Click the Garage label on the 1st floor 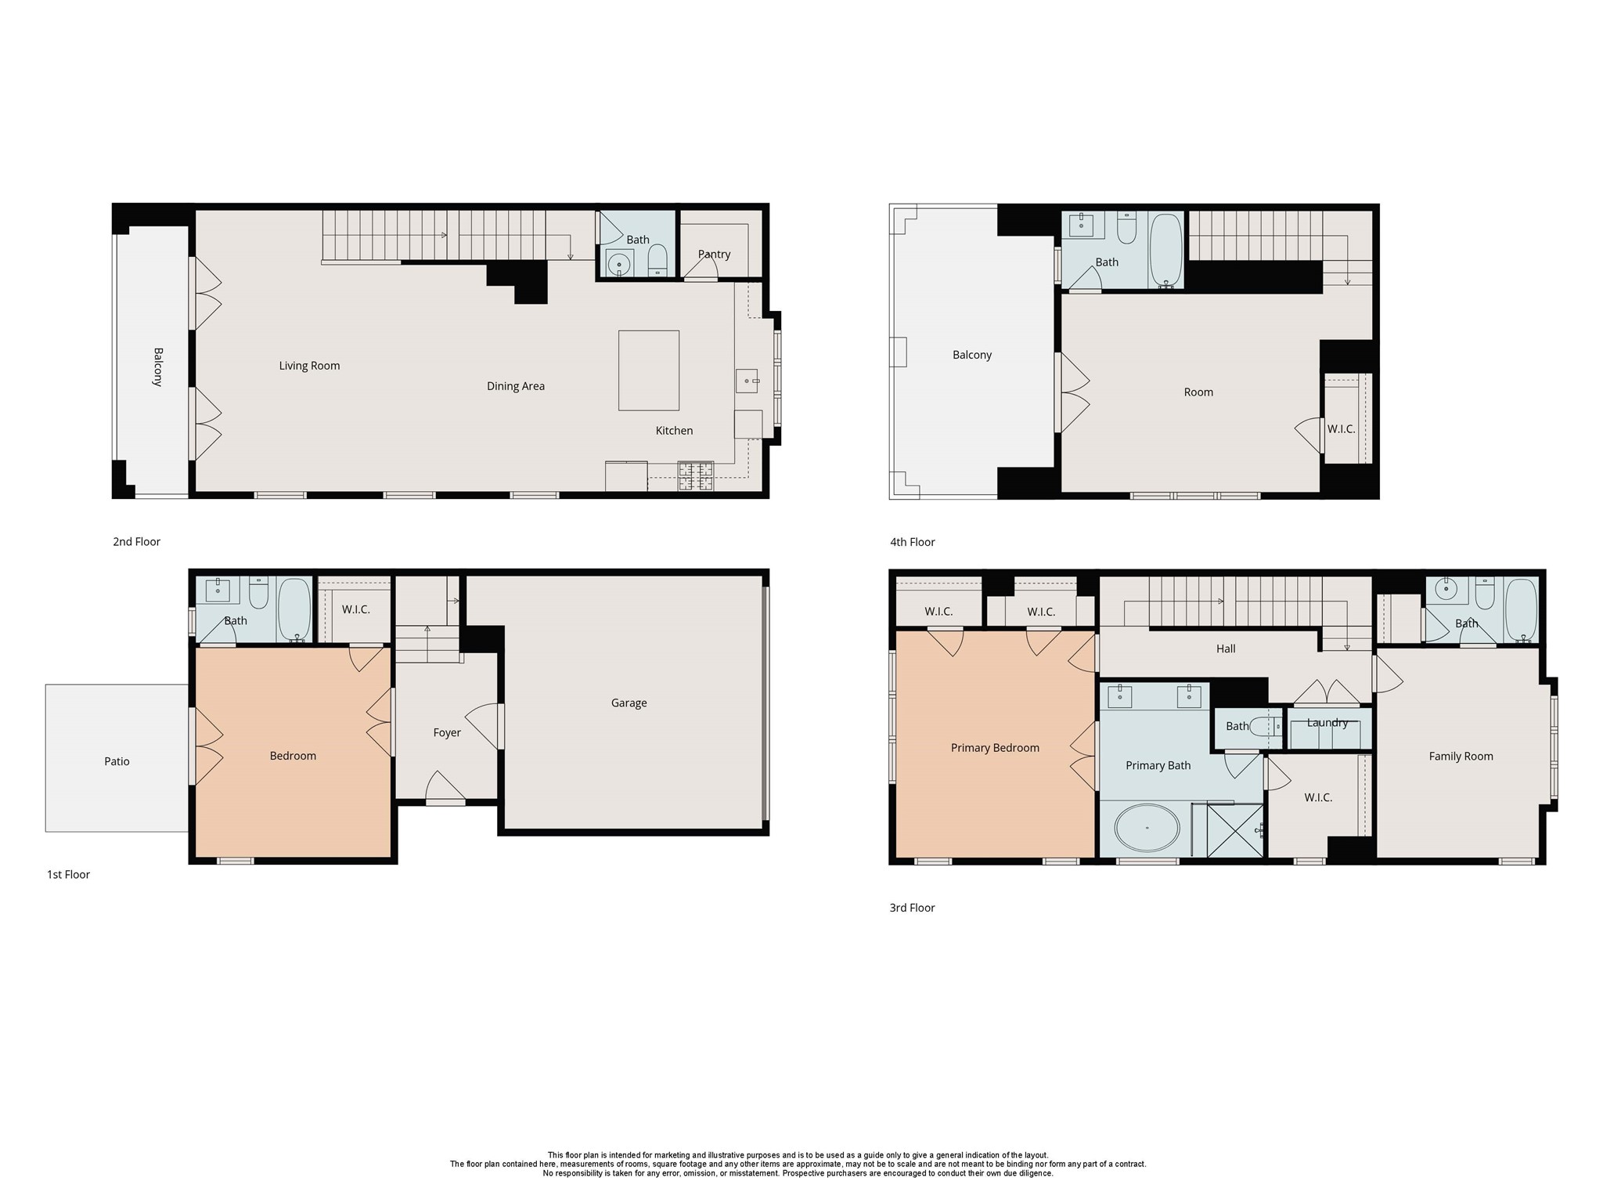tap(629, 703)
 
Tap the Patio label tap(117, 761)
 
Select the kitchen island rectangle tap(648, 370)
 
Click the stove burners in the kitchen tap(696, 476)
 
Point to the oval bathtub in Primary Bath tap(1147, 829)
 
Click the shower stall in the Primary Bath tap(1234, 830)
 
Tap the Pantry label tap(714, 255)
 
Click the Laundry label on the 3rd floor tap(1327, 723)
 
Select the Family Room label tap(1461, 757)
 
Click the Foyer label tap(447, 733)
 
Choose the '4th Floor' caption tap(912, 542)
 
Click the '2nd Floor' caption tap(136, 542)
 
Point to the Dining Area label tap(515, 386)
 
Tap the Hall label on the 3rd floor tap(1226, 649)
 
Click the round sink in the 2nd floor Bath tap(619, 264)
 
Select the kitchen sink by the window tap(746, 381)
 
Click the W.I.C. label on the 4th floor tap(1341, 429)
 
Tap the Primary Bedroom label tap(994, 748)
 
